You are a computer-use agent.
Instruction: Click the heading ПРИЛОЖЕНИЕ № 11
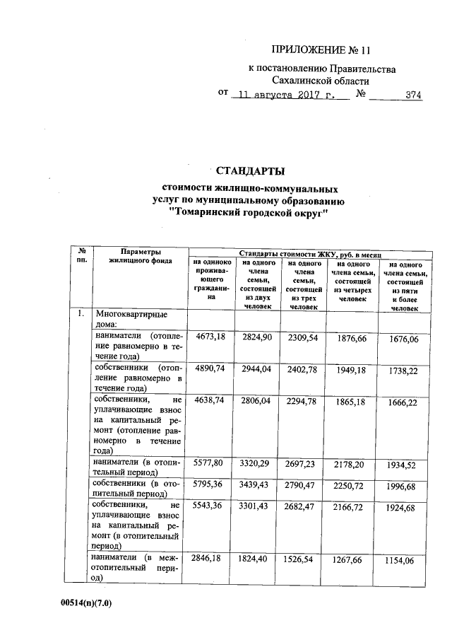[x=321, y=50]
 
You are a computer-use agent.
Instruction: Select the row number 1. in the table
[x=82, y=313]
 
